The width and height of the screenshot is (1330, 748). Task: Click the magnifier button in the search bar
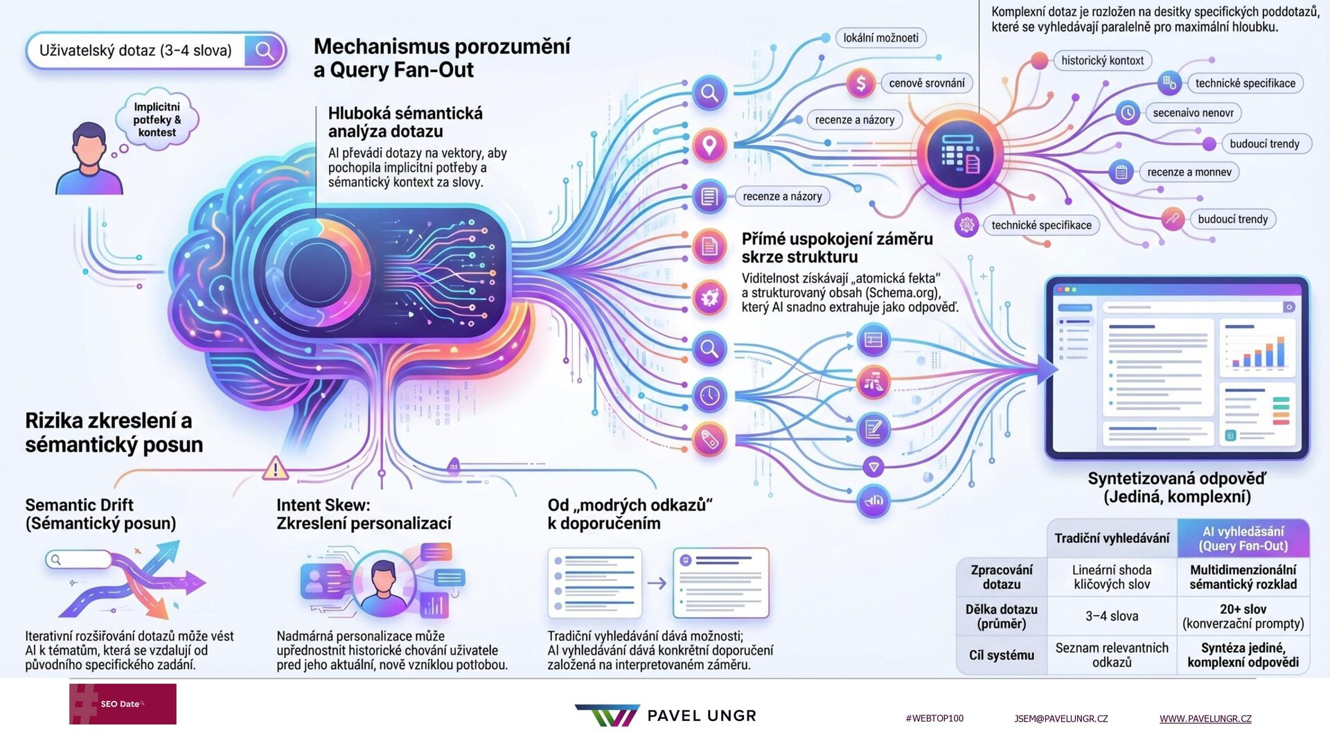(x=264, y=51)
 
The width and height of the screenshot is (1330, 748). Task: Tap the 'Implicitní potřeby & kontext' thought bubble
(x=157, y=119)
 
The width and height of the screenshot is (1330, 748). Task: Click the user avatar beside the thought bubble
(x=89, y=159)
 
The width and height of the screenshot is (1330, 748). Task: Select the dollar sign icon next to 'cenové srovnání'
(x=860, y=84)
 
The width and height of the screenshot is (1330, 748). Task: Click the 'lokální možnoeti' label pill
(x=880, y=38)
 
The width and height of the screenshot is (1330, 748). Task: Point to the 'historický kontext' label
(x=1102, y=61)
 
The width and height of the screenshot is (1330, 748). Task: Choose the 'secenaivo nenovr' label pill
(x=1193, y=113)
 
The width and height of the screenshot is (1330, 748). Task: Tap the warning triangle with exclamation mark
(x=275, y=469)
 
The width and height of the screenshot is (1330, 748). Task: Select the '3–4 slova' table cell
(x=1111, y=616)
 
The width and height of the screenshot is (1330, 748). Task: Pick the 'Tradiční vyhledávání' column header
(x=1111, y=538)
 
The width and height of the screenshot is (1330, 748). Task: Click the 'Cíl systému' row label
(x=1001, y=655)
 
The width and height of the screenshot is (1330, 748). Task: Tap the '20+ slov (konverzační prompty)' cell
(x=1243, y=616)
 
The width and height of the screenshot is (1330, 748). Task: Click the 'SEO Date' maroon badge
(x=123, y=704)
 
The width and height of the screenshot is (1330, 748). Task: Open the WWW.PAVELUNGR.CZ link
(x=1205, y=719)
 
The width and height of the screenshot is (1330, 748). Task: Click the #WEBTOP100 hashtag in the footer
(x=934, y=719)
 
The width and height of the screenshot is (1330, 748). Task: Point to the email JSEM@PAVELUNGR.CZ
(x=1061, y=719)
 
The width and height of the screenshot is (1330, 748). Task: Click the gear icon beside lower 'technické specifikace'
(x=966, y=225)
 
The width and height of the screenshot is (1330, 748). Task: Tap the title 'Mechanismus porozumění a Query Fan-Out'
(x=441, y=58)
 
